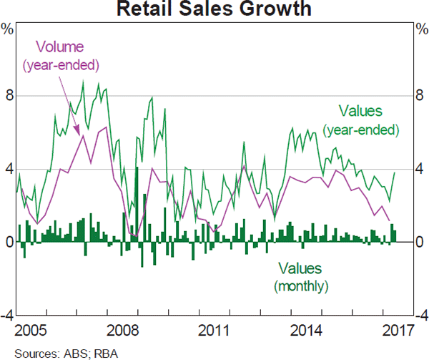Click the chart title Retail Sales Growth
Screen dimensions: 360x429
tap(214, 9)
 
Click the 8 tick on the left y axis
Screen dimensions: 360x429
tap(9, 96)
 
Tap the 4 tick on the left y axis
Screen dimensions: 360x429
tap(9, 169)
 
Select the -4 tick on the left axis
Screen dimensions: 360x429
tap(7, 316)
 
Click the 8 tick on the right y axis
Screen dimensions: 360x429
tap(420, 96)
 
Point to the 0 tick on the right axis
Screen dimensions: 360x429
tap(420, 243)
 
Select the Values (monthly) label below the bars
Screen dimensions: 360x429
tap(300, 277)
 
